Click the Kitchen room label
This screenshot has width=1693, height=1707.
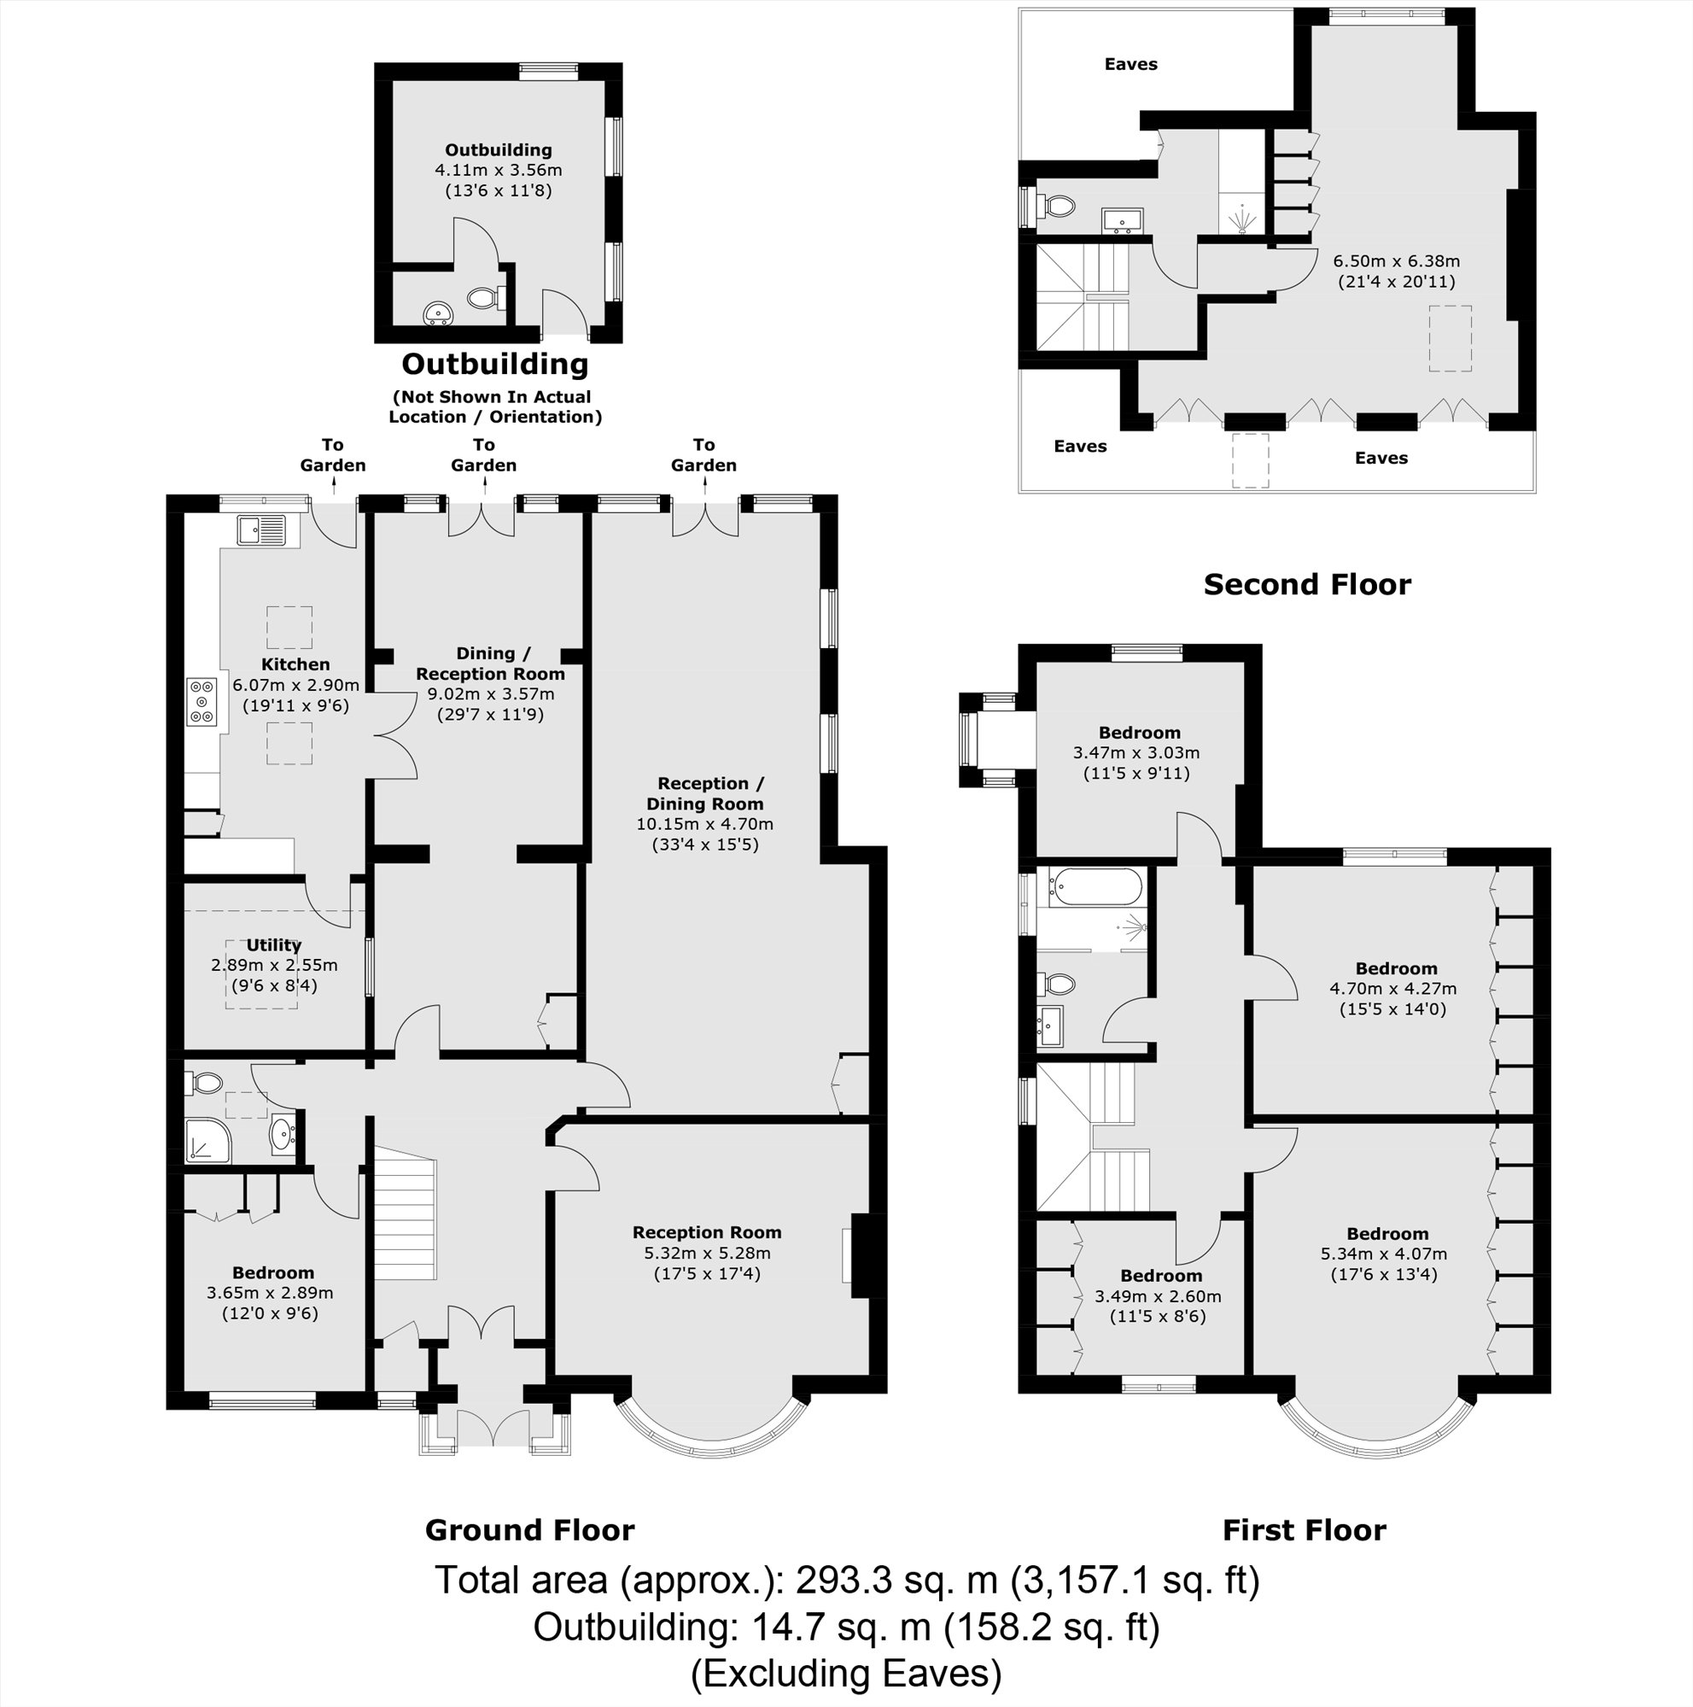click(x=295, y=664)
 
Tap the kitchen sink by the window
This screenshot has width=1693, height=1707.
click(x=261, y=531)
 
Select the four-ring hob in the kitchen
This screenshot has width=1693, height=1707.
click(x=202, y=702)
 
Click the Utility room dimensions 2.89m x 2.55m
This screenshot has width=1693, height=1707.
click(x=274, y=965)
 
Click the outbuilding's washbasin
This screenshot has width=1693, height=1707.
click(x=438, y=313)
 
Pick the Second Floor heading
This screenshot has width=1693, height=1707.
click(x=1306, y=584)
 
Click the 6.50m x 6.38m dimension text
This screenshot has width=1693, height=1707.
click(x=1395, y=261)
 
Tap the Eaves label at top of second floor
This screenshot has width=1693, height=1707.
click(x=1130, y=63)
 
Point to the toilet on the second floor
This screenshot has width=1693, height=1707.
click(x=1057, y=207)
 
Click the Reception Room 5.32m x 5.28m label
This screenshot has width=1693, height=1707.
click(x=707, y=1252)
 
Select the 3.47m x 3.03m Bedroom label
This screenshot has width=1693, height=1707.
click(x=1137, y=752)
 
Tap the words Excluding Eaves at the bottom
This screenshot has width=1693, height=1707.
click(x=845, y=1674)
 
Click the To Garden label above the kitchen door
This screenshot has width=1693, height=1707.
click(x=332, y=455)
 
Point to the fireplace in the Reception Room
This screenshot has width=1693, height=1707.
click(x=859, y=1255)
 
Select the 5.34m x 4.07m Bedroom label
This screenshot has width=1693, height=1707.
click(x=1387, y=1254)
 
